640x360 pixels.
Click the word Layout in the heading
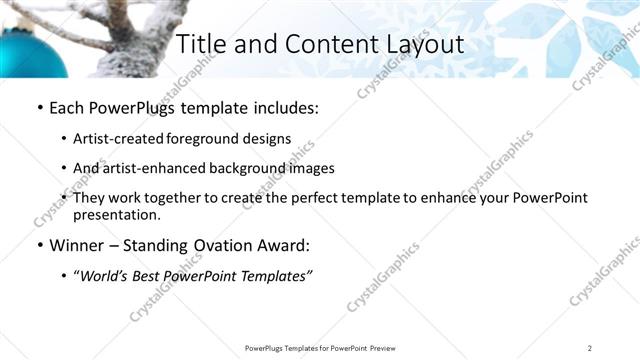point(424,44)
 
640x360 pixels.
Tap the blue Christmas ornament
point(30,52)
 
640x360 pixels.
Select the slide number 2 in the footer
point(590,347)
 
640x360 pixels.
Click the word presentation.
point(116,214)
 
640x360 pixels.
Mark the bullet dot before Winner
point(39,245)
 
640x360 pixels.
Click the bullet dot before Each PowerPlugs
point(39,107)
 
